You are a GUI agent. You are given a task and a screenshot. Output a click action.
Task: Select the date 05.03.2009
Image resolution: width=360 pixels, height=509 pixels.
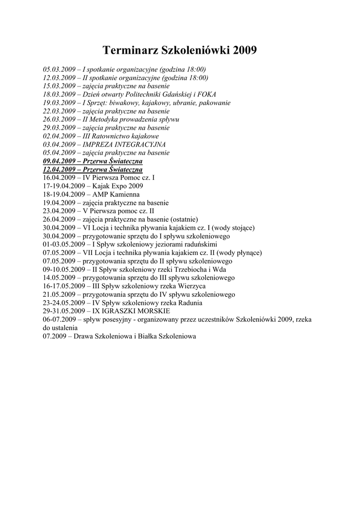coord(59,70)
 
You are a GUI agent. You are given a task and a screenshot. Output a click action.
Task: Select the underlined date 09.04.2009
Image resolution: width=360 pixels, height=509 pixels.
coord(59,162)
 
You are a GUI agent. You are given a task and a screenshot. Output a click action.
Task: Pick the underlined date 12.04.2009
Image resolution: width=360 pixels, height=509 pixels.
coord(59,170)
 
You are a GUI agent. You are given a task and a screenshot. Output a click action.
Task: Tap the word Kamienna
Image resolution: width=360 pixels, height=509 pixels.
coord(126,194)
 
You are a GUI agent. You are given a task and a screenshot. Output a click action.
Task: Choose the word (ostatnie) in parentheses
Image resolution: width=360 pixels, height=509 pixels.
coord(184,219)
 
